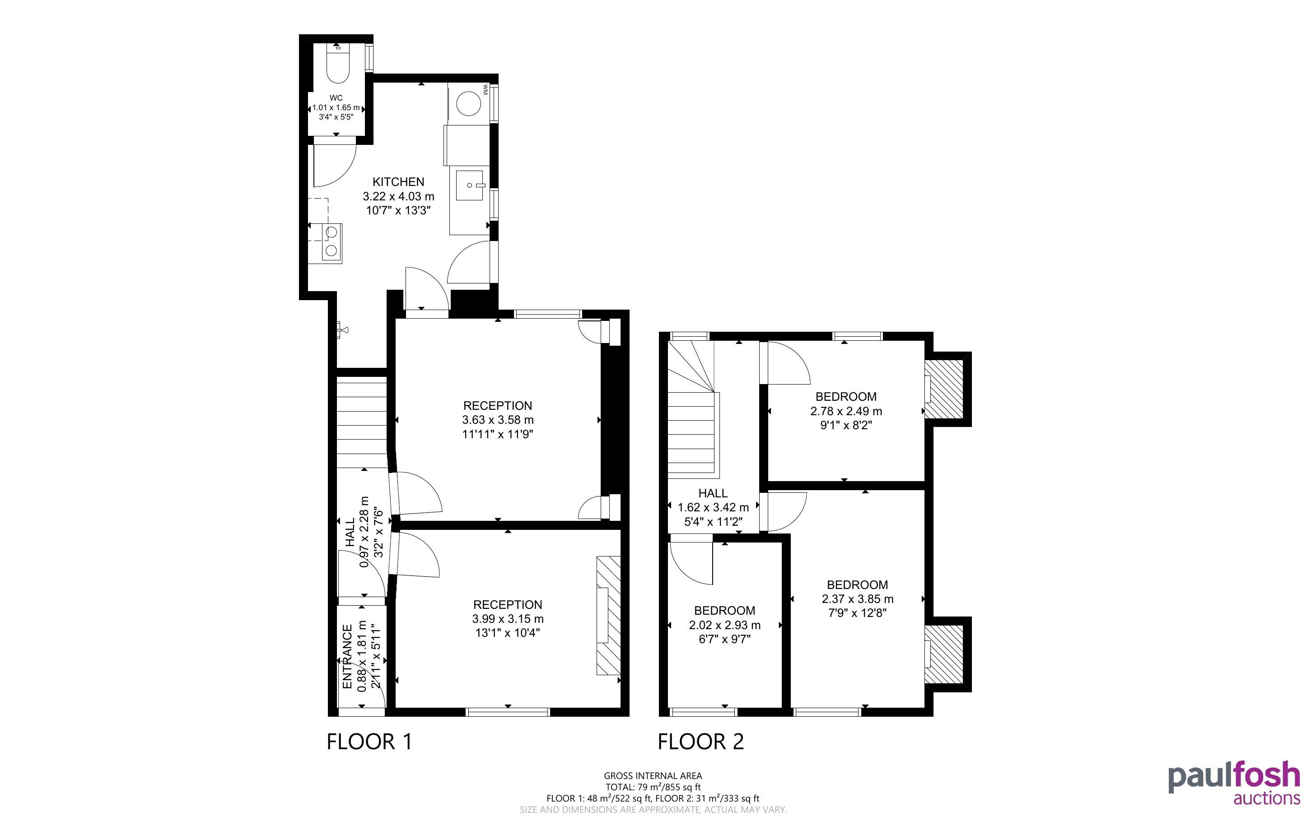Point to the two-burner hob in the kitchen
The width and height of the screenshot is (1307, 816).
[x=331, y=242]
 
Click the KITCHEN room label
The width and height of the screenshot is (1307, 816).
[x=398, y=182]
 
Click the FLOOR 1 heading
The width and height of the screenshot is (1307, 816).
[x=369, y=742]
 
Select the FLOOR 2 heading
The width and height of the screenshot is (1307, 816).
[x=701, y=742]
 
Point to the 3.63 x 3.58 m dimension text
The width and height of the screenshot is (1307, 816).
[x=498, y=420]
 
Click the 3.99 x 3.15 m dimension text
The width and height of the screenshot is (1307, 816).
[x=508, y=619]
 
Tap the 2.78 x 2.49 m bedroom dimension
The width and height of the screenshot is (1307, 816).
[x=846, y=411]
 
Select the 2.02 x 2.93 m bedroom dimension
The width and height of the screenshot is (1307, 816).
[x=724, y=626]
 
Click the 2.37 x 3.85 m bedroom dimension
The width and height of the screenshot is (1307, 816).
[x=857, y=599]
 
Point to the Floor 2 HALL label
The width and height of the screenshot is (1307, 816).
[x=713, y=493]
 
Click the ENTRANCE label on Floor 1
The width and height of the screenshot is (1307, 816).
[x=347, y=657]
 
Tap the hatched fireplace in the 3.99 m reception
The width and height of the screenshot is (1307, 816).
[x=608, y=615]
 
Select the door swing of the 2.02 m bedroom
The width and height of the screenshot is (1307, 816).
[x=691, y=563]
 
